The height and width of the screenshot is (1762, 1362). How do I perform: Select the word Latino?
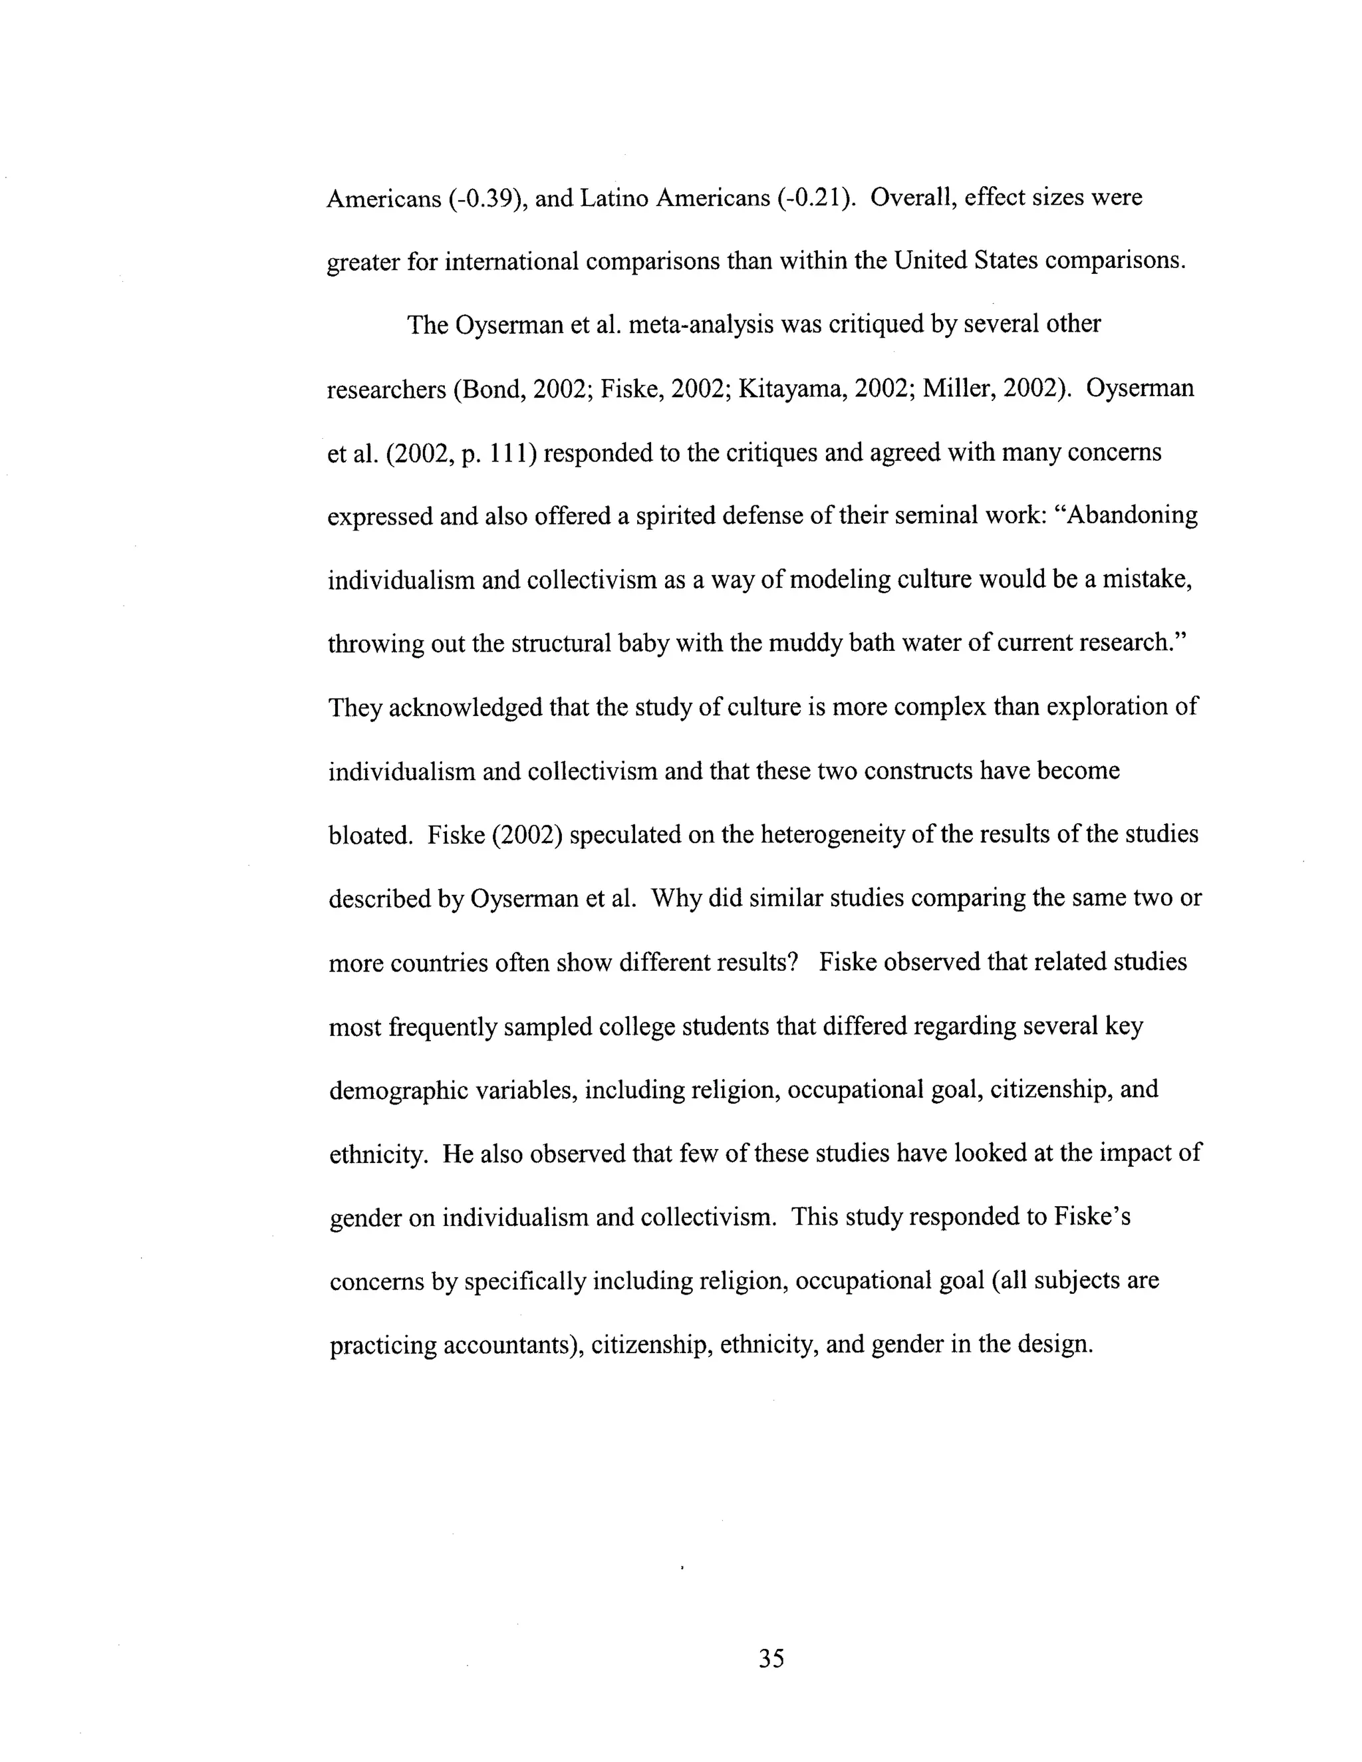click(x=614, y=198)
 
